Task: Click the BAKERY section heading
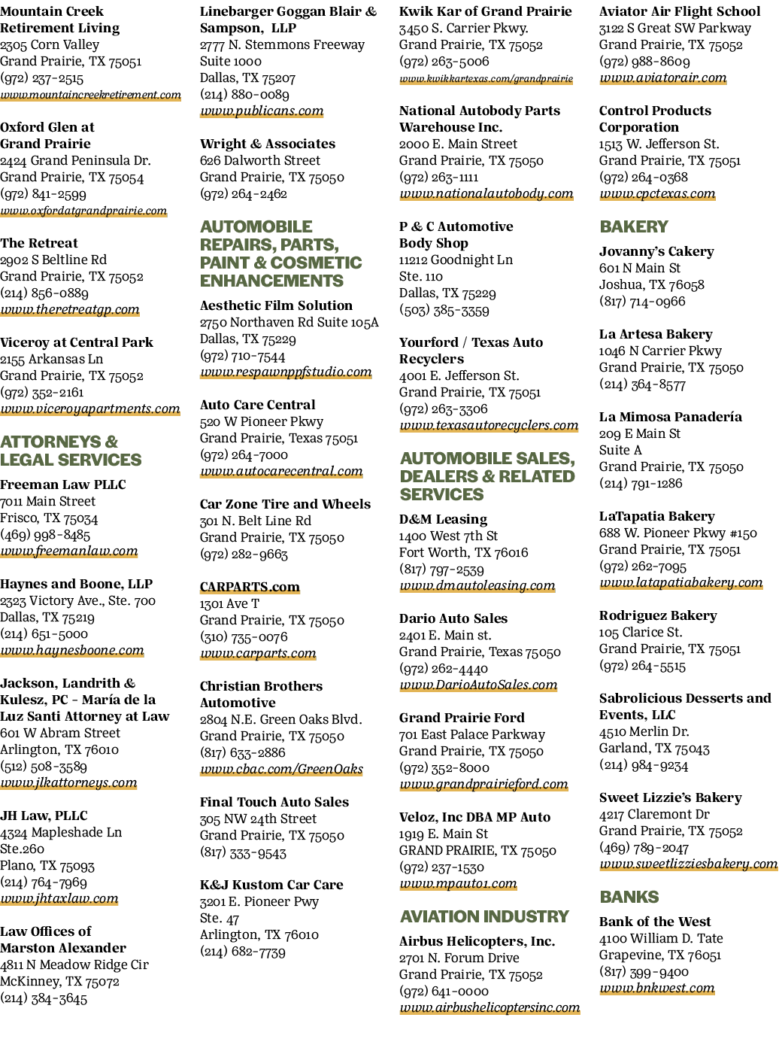point(634,226)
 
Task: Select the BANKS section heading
point(629,897)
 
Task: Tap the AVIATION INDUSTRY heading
point(484,916)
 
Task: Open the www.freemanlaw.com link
point(69,551)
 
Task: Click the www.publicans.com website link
point(262,111)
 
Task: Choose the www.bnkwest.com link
point(657,988)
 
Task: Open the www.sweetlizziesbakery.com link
point(689,864)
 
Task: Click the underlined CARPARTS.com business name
point(250,587)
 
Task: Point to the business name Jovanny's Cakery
point(656,251)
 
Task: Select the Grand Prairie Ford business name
point(462,718)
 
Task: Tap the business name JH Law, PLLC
point(44,816)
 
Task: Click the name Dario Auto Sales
point(453,618)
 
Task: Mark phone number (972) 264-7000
point(244,454)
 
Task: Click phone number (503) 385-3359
point(444,310)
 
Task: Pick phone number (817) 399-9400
point(644,972)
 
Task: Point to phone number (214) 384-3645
point(44,998)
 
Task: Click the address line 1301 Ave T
point(229,603)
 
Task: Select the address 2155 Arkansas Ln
point(51,359)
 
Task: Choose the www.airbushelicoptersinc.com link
point(490,1007)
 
